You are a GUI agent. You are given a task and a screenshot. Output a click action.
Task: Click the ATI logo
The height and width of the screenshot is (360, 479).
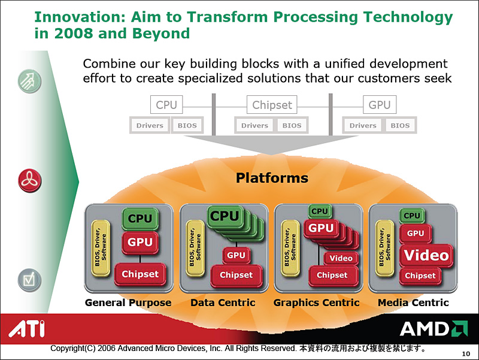pyautogui.click(x=26, y=328)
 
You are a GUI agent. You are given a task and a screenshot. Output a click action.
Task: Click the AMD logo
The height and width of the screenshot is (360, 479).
pyautogui.click(x=433, y=329)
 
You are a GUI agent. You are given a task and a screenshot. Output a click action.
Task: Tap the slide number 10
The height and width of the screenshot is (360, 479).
pyautogui.click(x=466, y=354)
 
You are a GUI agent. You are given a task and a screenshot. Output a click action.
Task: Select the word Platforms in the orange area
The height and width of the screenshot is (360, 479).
pyautogui.click(x=272, y=178)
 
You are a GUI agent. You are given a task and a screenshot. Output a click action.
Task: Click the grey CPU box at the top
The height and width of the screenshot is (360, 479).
pyautogui.click(x=166, y=104)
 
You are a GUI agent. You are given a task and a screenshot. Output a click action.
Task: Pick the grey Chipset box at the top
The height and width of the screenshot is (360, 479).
pyautogui.click(x=272, y=104)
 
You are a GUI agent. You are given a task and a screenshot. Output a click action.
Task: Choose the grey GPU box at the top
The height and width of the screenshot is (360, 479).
pyautogui.click(x=380, y=104)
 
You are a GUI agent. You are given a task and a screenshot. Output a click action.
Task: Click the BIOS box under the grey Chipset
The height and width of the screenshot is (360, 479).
pyautogui.click(x=292, y=125)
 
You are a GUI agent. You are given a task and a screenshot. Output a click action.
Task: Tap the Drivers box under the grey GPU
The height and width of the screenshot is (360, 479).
pyautogui.click(x=363, y=125)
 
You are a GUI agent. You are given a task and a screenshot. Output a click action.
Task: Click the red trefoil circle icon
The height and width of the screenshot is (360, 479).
pyautogui.click(x=29, y=181)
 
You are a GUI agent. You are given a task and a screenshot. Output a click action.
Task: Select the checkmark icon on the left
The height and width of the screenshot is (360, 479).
pyautogui.click(x=29, y=280)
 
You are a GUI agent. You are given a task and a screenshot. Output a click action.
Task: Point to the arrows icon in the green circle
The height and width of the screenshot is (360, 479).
pyautogui.click(x=29, y=81)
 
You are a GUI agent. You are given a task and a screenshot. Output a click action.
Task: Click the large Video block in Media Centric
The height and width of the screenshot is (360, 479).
pyautogui.click(x=426, y=256)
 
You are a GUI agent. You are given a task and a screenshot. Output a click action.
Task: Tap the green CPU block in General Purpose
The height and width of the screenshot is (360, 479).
pyautogui.click(x=140, y=219)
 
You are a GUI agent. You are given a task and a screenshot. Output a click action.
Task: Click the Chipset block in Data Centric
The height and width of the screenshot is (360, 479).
pyautogui.click(x=236, y=276)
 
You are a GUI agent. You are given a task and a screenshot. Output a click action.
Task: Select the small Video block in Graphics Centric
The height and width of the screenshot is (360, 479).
pyautogui.click(x=341, y=258)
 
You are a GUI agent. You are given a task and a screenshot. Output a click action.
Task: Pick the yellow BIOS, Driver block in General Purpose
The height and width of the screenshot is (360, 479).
pyautogui.click(x=101, y=248)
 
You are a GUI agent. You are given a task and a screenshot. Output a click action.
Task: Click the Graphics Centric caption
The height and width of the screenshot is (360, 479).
pyautogui.click(x=317, y=302)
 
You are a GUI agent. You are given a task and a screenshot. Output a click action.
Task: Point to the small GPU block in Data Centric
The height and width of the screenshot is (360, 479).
pyautogui.click(x=236, y=255)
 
